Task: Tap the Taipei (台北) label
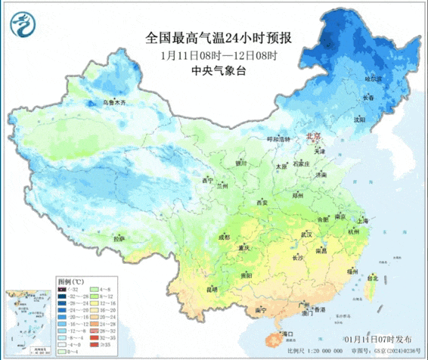point(372,278)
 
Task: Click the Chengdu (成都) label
point(224,237)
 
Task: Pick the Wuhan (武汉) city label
point(306,234)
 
